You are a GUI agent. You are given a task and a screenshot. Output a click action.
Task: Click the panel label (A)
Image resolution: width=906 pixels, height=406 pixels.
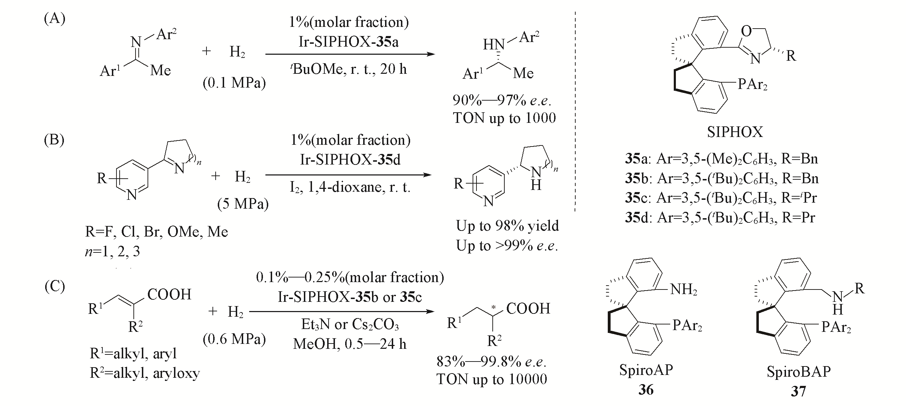point(54,19)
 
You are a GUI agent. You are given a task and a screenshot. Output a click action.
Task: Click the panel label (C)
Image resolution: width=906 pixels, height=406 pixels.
point(55,286)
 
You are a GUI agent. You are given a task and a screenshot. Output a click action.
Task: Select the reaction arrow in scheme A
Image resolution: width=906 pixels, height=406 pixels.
point(349,54)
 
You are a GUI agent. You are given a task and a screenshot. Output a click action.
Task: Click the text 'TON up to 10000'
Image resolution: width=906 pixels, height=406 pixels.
point(492,379)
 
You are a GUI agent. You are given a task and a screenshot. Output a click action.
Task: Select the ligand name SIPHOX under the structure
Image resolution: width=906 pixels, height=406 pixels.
point(735,132)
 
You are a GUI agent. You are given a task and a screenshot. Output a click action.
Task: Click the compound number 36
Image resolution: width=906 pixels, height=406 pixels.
point(646,390)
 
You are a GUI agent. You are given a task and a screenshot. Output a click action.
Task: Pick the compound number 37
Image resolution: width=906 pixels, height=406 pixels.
point(798,391)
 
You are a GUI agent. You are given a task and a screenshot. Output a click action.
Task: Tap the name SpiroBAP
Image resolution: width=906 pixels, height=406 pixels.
point(798,372)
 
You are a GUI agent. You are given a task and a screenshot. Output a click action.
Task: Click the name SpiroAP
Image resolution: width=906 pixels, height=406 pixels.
point(646,370)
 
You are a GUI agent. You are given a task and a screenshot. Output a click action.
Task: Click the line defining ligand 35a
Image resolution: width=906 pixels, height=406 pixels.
point(721,159)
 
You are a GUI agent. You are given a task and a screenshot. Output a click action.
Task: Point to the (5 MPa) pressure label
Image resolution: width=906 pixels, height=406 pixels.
point(242,204)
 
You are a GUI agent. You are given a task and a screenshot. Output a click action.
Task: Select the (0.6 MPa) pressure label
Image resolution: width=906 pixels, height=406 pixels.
point(234,339)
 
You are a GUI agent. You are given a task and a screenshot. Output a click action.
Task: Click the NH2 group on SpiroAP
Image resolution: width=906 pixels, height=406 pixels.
point(684,289)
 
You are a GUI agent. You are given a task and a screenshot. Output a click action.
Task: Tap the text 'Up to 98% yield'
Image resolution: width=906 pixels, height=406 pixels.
point(507,226)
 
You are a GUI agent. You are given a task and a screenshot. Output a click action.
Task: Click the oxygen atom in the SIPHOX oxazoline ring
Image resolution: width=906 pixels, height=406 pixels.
point(746,31)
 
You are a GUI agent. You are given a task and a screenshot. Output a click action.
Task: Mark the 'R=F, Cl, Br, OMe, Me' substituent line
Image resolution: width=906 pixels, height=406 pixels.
point(156,232)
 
